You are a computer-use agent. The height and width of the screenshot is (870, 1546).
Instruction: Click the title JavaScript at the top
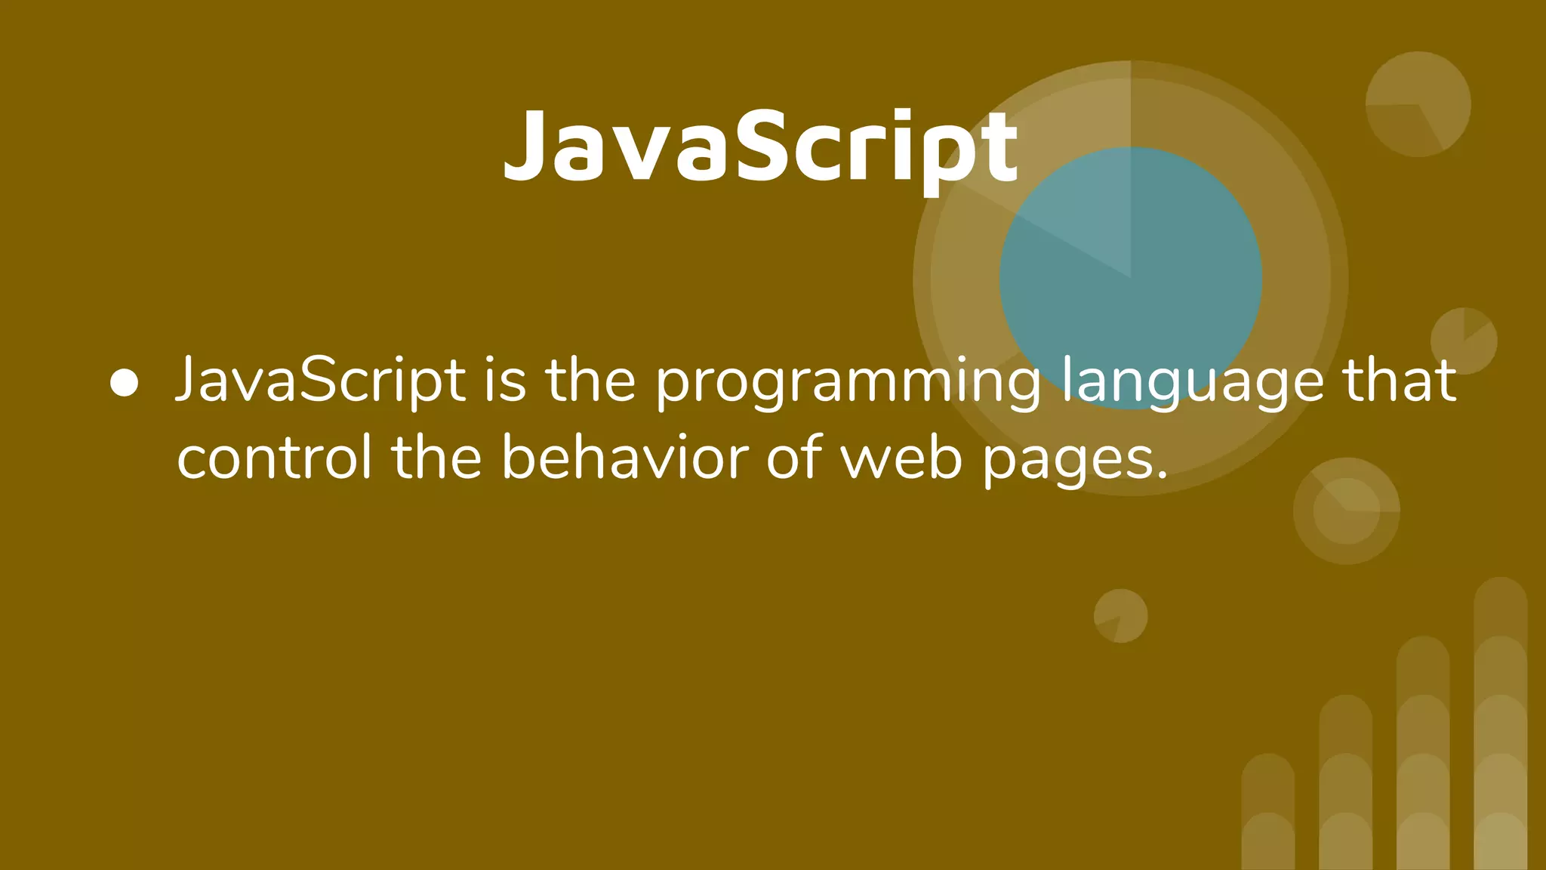[x=761, y=146]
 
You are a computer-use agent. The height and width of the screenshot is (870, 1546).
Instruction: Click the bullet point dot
[x=124, y=383]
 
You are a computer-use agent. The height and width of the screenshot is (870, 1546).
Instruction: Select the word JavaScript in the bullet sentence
[x=320, y=381]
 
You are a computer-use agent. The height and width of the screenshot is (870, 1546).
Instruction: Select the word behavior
[x=625, y=458]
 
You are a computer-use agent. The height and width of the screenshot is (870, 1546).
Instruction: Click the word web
[x=902, y=458]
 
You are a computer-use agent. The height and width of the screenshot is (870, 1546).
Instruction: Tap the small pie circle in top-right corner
[x=1418, y=104]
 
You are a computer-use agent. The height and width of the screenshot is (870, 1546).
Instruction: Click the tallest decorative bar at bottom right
[x=1500, y=725]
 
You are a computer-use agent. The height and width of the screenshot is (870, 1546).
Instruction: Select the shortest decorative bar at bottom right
[x=1268, y=812]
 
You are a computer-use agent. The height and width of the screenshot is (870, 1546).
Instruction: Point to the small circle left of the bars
[x=1121, y=615]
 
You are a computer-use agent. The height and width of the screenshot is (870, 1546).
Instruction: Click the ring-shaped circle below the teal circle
[x=1347, y=511]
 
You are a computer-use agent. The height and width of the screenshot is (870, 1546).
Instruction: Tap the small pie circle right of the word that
[x=1464, y=341]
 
